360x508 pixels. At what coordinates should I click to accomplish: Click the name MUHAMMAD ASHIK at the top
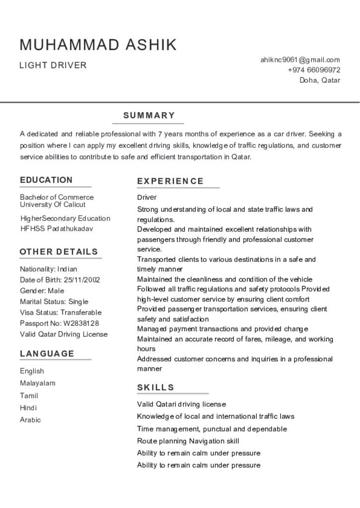(98, 45)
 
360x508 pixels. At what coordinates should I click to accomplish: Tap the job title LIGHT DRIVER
(53, 65)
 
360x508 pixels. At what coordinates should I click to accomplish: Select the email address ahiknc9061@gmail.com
(300, 60)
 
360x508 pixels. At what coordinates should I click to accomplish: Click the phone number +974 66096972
(314, 70)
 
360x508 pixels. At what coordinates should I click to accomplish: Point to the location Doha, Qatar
(320, 80)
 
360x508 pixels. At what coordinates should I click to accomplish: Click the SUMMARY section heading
(149, 116)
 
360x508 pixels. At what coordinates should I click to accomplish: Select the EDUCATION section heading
(46, 180)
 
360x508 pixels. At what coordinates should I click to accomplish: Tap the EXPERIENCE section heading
(170, 181)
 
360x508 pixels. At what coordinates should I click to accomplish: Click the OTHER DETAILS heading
(59, 252)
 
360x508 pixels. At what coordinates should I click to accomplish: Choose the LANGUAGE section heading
(47, 354)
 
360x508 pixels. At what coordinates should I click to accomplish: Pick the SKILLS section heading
(156, 387)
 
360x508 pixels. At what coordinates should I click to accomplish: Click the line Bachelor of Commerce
(57, 197)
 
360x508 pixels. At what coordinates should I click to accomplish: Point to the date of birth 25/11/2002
(82, 280)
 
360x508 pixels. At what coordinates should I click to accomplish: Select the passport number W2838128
(81, 323)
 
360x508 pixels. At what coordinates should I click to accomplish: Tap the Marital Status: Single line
(54, 302)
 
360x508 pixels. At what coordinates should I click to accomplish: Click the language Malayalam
(38, 383)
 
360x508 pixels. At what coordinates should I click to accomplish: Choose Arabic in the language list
(30, 420)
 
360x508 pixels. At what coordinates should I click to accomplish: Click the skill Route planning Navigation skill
(188, 441)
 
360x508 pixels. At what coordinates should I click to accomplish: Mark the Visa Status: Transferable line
(61, 313)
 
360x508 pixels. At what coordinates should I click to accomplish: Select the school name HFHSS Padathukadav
(57, 229)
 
